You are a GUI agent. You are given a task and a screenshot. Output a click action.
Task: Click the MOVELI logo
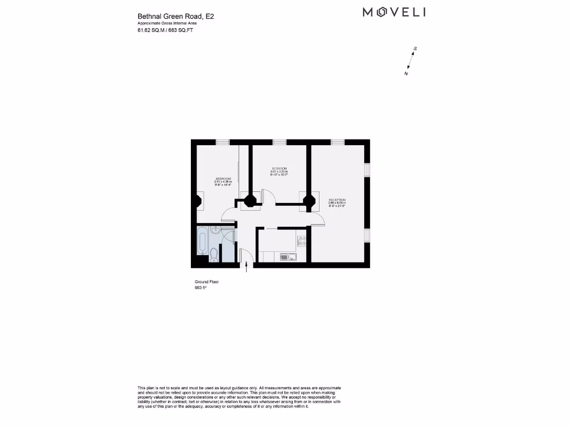(394, 12)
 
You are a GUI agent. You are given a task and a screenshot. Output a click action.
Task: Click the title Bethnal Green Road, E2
(176, 17)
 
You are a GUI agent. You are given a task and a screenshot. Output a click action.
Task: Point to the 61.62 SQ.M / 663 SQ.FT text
(165, 31)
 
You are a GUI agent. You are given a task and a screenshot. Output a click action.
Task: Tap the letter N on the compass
(406, 73)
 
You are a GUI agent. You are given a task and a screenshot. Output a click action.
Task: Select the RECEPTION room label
(337, 201)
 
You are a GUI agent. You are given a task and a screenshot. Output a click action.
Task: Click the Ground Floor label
(207, 282)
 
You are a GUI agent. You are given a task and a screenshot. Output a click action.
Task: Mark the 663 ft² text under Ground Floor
(200, 288)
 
